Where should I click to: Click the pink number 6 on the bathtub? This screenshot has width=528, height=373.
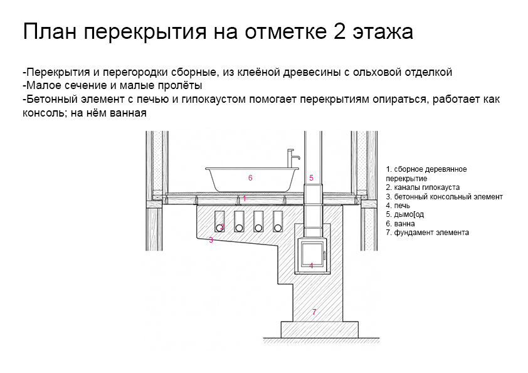(250, 178)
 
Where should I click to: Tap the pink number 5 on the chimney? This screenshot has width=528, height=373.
(311, 178)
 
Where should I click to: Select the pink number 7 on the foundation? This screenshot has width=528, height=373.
(314, 312)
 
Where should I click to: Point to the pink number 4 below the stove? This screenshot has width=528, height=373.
(311, 266)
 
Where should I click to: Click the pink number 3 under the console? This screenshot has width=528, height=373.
(211, 240)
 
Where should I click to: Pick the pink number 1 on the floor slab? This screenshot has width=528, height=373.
(244, 199)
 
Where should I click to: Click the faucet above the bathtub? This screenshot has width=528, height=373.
(292, 158)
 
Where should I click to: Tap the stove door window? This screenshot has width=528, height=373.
(312, 253)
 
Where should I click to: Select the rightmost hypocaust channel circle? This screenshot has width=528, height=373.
(278, 228)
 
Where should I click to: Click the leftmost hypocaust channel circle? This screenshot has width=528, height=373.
(220, 228)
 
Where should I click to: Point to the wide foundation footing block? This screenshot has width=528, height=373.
(320, 330)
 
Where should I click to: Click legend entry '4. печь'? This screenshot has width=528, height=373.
(398, 206)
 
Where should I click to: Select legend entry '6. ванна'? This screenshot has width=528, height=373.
(400, 224)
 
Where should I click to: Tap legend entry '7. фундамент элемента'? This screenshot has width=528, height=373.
(427, 233)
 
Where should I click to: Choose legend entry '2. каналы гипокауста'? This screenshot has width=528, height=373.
(423, 187)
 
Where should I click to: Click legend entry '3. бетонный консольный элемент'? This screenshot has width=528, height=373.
(444, 197)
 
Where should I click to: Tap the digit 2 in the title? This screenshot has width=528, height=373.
(340, 31)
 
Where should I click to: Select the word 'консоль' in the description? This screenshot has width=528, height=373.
(43, 113)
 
